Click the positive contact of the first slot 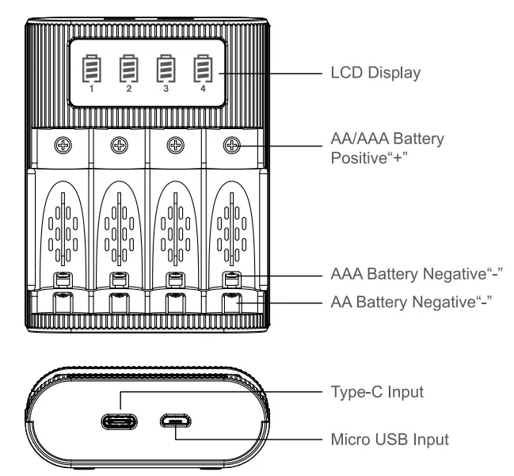click(63, 145)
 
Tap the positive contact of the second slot click(119, 145)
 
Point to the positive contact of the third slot click(175, 145)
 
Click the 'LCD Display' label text click(374, 73)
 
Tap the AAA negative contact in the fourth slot click(230, 278)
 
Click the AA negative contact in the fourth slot click(230, 302)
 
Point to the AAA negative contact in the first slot click(63, 278)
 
